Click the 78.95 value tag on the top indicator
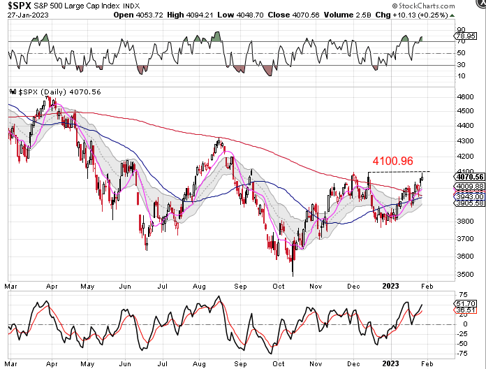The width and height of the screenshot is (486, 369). pos(475,35)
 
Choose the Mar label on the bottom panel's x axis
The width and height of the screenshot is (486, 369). pos(11,363)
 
